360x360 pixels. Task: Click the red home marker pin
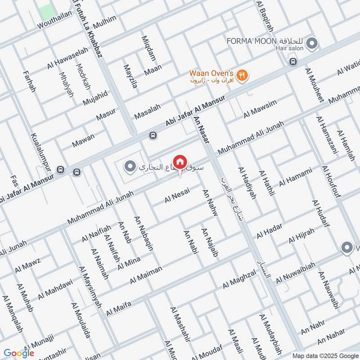[x=180, y=162]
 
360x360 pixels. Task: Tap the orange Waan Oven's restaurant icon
[x=242, y=76]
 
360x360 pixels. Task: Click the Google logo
[x=19, y=353]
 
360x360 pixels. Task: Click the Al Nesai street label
[x=177, y=195]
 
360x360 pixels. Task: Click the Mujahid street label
[x=95, y=98]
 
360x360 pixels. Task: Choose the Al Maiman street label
[x=146, y=274]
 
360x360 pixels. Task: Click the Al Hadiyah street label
[x=247, y=183]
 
